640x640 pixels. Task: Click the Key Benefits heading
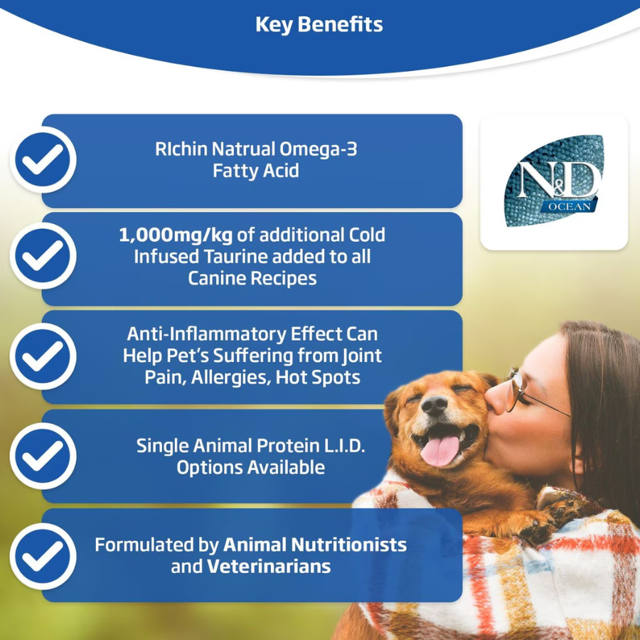pos(319,24)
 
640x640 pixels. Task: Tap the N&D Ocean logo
pos(554,181)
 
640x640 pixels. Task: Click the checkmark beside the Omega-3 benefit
pos(43,159)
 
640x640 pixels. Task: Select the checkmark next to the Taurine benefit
pos(43,256)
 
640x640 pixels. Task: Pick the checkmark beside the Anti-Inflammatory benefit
pos(43,356)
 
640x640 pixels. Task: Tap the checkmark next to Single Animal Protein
pos(43,456)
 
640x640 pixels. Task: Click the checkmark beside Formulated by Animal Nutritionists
pos(43,556)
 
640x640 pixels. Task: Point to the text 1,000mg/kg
pos(176,235)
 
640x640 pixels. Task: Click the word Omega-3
pos(319,149)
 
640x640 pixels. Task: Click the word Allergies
pos(231,378)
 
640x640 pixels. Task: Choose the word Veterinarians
pos(269,567)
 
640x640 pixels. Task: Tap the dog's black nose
pos(434,405)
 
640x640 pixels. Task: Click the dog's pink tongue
pos(439,451)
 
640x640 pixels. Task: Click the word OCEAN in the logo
pos(570,206)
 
